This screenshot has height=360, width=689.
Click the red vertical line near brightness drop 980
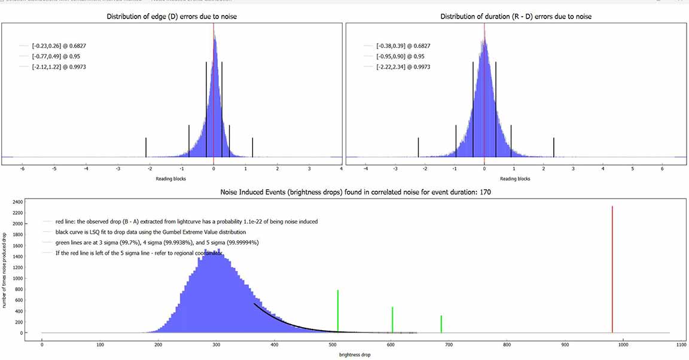pos(612,269)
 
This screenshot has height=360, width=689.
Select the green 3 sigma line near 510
pos(338,311)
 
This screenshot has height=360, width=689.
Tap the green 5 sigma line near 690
pos(441,324)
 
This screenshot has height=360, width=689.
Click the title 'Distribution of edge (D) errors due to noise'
pos(172,16)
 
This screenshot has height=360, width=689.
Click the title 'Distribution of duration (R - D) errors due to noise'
pos(516,16)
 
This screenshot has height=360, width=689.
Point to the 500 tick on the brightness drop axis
pos(333,344)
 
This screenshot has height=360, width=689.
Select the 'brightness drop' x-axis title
pos(355,355)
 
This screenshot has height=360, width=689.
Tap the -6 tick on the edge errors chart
pos(22,169)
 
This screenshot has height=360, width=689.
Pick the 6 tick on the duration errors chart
pos(662,169)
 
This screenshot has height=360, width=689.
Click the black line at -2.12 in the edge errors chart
pos(146,147)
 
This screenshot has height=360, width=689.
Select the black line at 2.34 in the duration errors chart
pos(554,147)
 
